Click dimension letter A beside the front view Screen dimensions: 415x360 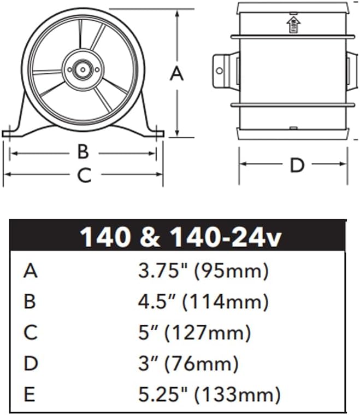176,73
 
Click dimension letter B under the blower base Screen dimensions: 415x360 82,152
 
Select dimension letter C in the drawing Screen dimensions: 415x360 83,175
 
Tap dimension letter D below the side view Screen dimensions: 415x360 296,165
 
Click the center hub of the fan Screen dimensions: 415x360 83,69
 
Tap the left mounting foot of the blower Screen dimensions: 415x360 12,132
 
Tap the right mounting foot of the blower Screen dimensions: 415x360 155,132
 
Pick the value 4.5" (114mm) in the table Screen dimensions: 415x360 203,301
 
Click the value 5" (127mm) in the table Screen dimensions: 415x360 194,332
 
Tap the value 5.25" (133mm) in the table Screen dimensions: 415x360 209,394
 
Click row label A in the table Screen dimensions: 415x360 31,270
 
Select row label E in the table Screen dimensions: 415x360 30,394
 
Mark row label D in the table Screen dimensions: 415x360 31,363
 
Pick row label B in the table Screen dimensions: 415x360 30,301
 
